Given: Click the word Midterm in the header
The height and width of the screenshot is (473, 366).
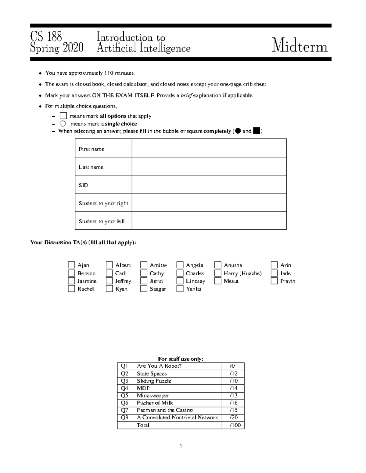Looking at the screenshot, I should pyautogui.click(x=300, y=47).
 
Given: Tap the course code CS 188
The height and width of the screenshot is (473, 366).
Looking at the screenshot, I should pyautogui.click(x=46, y=37).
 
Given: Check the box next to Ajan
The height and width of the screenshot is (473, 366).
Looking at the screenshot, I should pyautogui.click(x=71, y=265).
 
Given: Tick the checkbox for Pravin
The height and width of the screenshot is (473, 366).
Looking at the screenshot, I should pyautogui.click(x=274, y=281).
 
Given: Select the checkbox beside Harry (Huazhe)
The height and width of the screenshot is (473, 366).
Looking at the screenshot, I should pyautogui.click(x=218, y=273).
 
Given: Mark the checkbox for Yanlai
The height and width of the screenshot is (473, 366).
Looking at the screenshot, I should pyautogui.click(x=180, y=289).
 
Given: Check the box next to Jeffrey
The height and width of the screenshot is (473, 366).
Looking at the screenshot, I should pyautogui.click(x=109, y=281).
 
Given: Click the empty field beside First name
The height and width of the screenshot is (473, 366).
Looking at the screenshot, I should pyautogui.click(x=209, y=148).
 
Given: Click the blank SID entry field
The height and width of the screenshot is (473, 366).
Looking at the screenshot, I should pyautogui.click(x=209, y=185).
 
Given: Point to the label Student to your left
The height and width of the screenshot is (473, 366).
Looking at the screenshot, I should pyautogui.click(x=102, y=221).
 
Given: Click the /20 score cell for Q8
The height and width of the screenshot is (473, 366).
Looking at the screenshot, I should pyautogui.click(x=233, y=418).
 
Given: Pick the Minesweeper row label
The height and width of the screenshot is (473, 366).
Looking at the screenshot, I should pyautogui.click(x=153, y=396).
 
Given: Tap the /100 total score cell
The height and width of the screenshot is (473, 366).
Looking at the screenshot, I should pyautogui.click(x=235, y=425).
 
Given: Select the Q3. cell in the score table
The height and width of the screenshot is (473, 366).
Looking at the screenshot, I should pyautogui.click(x=125, y=381).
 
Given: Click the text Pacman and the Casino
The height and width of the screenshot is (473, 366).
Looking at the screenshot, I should pyautogui.click(x=165, y=410).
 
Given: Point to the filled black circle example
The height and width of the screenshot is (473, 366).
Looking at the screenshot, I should pyautogui.click(x=238, y=131).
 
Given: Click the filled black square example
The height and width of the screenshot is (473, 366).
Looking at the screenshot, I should pyautogui.click(x=257, y=131).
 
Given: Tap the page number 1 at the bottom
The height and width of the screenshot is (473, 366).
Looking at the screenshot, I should pyautogui.click(x=181, y=447).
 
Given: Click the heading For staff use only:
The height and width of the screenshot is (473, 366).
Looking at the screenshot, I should pyautogui.click(x=181, y=359).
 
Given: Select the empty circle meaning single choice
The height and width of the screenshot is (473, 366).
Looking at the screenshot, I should pyautogui.click(x=63, y=124).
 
